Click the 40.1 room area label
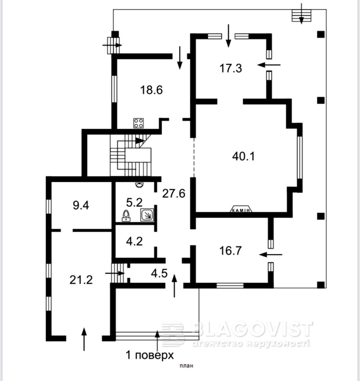pos(243,156)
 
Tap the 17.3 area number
pos(231,69)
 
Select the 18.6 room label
pos(151,90)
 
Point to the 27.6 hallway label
pos(174,193)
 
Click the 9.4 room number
pos(81,206)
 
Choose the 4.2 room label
pos(134,241)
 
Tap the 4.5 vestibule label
pos(159,273)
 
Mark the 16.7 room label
pos(230,251)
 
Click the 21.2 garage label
pos(81,279)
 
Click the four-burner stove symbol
pos(138,123)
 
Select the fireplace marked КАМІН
pos(241,209)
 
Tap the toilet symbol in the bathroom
pos(126,216)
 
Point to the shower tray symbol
pos(147,215)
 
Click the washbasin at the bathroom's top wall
pos(139,184)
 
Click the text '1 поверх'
pos(150,355)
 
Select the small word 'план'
pos(186,366)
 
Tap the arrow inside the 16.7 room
pos(270,255)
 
